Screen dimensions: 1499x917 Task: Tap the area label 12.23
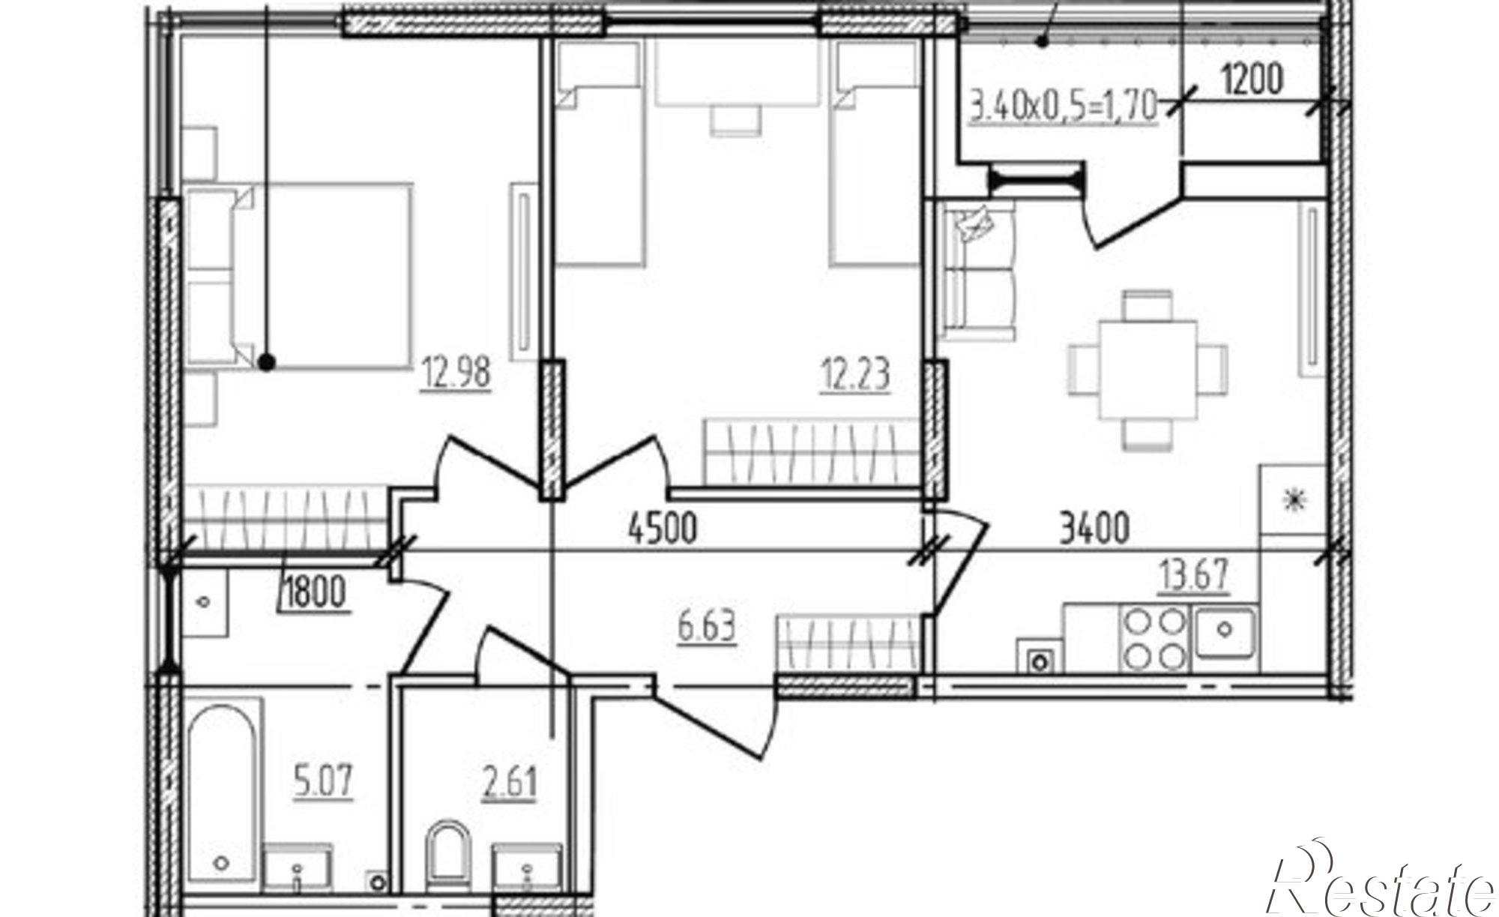(x=855, y=374)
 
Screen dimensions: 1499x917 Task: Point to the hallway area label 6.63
(x=707, y=627)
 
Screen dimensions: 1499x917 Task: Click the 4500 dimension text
(x=663, y=528)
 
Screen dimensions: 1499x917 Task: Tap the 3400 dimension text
(x=1094, y=528)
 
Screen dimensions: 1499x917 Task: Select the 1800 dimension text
(x=314, y=593)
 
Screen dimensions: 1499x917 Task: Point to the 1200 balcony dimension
(x=1252, y=79)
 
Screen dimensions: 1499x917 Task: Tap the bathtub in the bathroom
(x=224, y=795)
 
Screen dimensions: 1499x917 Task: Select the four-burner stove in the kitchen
(x=1154, y=638)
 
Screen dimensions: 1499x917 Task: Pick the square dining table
(x=1147, y=370)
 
